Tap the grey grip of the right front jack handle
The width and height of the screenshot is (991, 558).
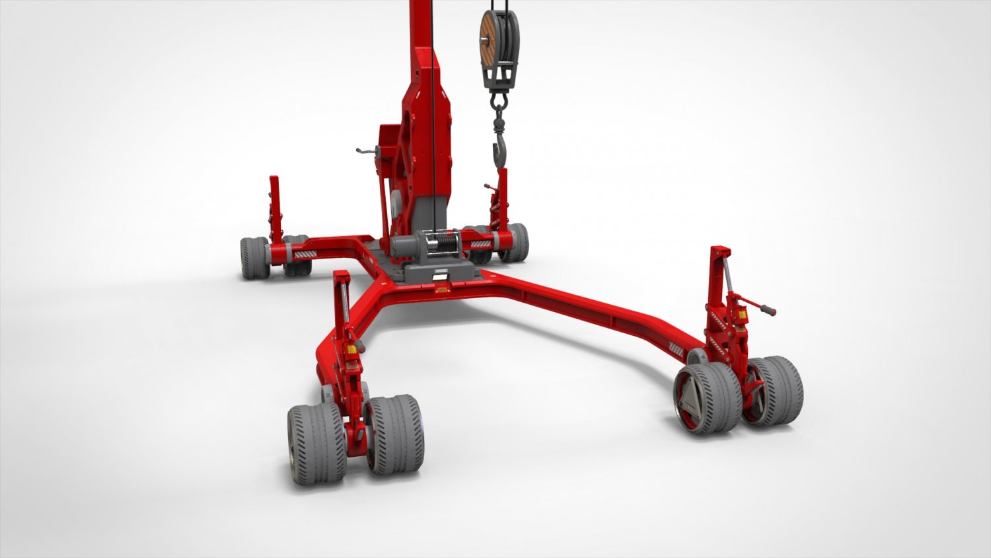point(767,309)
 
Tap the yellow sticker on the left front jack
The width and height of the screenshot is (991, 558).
point(352,348)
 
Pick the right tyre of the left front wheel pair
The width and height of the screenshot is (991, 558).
point(395,434)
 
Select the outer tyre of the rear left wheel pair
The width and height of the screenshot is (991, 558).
point(254,257)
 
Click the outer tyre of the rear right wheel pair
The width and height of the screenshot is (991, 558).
point(515,242)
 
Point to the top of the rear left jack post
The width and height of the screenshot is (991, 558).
point(274,179)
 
